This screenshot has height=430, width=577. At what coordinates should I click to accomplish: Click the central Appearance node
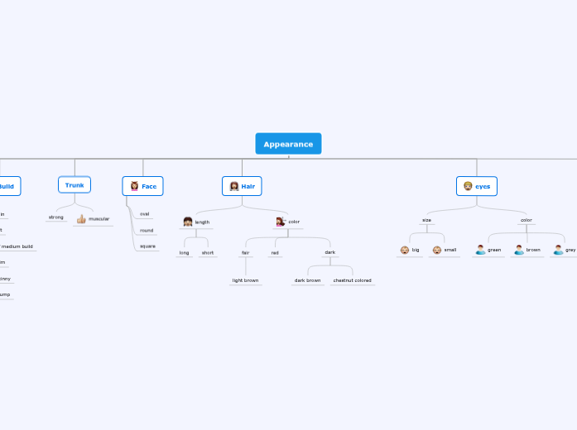point(288,144)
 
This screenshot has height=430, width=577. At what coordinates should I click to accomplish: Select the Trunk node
point(75,185)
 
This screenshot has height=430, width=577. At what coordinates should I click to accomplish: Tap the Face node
point(142,186)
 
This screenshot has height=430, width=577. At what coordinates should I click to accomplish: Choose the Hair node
point(242,186)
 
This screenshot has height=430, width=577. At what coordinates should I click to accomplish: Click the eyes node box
point(477,186)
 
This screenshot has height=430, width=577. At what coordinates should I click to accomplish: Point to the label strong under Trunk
point(56,217)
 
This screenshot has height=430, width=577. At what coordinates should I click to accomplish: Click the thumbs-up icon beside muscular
point(81,219)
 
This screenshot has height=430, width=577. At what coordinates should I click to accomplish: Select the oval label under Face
point(145,213)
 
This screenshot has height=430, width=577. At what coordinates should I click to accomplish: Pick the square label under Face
point(147,246)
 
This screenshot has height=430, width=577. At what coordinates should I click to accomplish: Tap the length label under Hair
point(202,222)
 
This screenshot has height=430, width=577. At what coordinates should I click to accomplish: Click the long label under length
point(184,252)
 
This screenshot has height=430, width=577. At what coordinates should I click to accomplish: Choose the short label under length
point(208,252)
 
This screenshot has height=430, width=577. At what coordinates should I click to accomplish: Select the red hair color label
point(275,252)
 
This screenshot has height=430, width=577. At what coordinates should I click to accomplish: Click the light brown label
point(245,280)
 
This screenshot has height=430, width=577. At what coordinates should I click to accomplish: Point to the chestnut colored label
point(352,280)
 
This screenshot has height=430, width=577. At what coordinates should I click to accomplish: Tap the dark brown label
point(307,280)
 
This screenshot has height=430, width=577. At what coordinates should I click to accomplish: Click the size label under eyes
point(426,220)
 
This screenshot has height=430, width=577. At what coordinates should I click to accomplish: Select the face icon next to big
point(405,250)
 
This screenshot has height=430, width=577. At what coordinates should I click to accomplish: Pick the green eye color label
point(494,249)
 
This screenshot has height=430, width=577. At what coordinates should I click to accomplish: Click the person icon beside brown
point(519,249)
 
